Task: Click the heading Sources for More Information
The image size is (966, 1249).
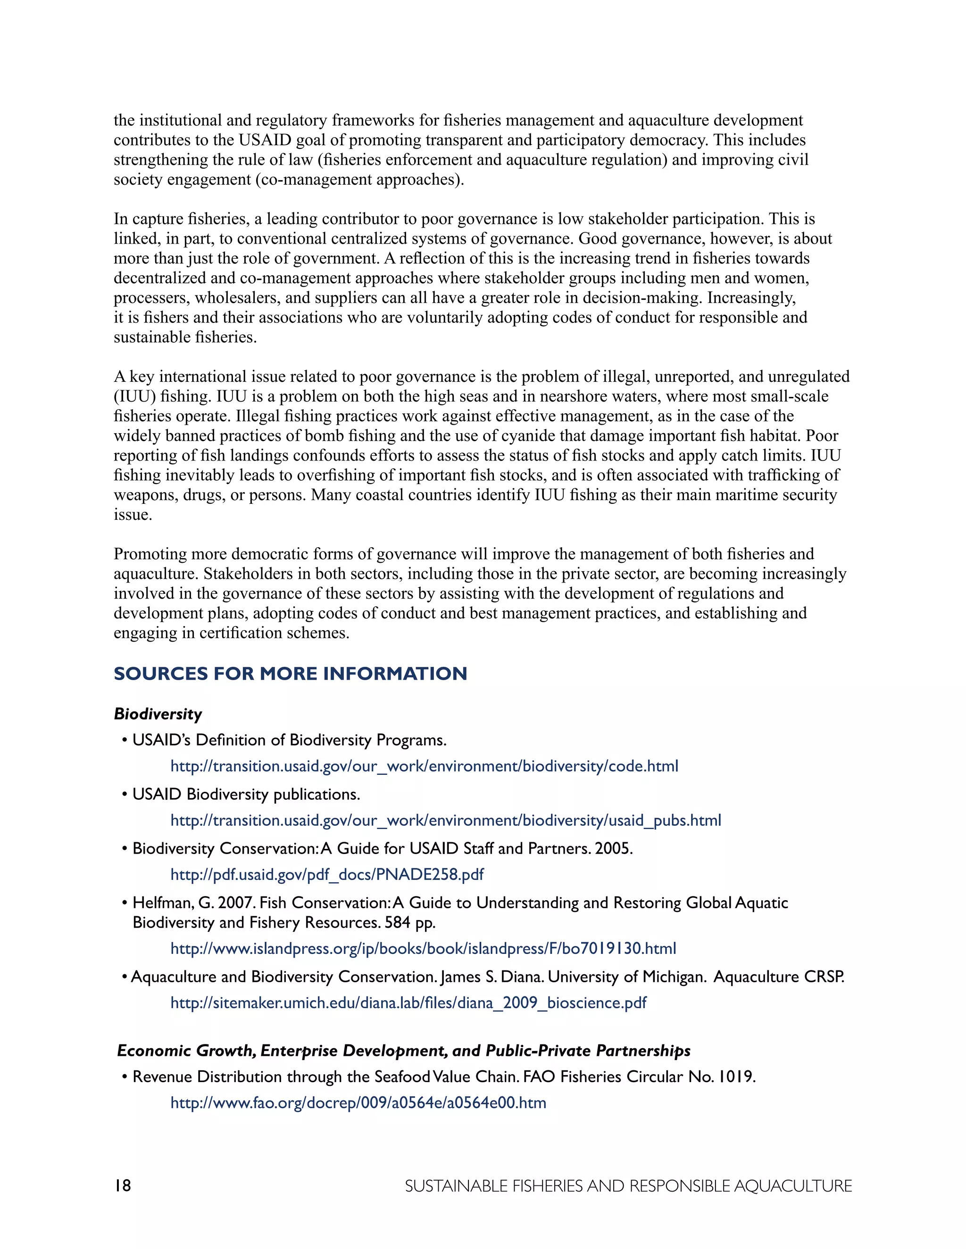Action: coord(290,674)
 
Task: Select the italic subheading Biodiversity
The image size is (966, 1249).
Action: coord(158,714)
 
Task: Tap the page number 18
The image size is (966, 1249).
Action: coord(123,1185)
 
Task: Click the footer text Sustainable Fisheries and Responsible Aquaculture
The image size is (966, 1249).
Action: coord(628,1186)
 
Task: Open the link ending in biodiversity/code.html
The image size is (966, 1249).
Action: coord(424,766)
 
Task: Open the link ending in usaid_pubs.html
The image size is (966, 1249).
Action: coord(445,821)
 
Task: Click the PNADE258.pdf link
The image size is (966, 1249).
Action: coord(327,874)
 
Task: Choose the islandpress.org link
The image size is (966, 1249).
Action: coord(423,949)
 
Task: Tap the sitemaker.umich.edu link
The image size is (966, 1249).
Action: coord(408,1002)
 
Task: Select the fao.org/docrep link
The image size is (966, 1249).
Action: coord(358,1102)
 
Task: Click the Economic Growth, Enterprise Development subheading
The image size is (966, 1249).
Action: coord(403,1051)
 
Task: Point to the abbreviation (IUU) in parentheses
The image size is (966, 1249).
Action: coord(134,396)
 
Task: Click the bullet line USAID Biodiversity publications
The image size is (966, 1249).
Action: coord(246,794)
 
